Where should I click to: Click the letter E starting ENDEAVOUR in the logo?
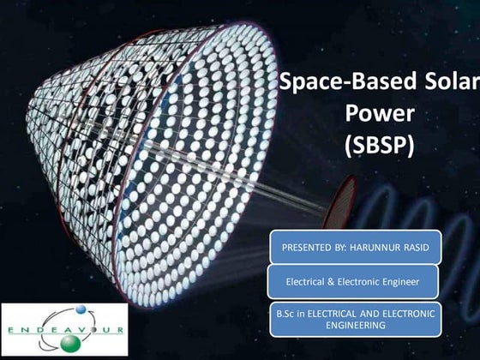point(12,329)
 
